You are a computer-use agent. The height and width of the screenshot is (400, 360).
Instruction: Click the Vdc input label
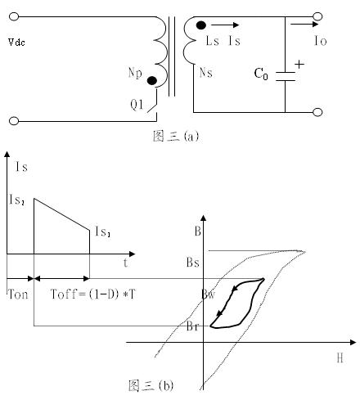[x=16, y=43]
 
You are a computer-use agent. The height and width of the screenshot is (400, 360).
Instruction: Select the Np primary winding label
[x=135, y=73]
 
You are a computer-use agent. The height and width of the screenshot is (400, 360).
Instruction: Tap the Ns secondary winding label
[x=206, y=73]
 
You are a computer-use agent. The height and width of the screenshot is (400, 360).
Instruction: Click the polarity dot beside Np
[x=152, y=80]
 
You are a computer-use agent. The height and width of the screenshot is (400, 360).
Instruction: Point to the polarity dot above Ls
[x=201, y=25]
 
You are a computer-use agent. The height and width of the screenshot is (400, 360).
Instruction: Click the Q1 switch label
[x=137, y=105]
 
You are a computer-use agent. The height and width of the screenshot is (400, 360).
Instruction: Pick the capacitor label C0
[x=261, y=74]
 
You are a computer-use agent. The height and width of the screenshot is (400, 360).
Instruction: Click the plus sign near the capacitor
[x=299, y=65]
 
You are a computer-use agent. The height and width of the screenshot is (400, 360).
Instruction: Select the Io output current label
[x=321, y=41]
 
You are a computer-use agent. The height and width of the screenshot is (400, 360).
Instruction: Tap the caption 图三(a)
[x=176, y=136]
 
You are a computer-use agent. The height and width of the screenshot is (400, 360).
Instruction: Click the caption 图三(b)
[x=151, y=385]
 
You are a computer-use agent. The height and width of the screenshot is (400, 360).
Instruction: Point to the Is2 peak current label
[x=17, y=200]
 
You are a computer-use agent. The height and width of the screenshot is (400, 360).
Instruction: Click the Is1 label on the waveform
[x=103, y=231]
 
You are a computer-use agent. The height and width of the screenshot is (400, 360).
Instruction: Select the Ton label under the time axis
[x=18, y=294]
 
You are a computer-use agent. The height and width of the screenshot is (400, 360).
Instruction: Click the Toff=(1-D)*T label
[x=92, y=294]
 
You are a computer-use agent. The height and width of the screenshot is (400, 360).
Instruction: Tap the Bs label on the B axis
[x=193, y=263]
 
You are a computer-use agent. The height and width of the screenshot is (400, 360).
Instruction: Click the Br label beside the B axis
[x=192, y=326]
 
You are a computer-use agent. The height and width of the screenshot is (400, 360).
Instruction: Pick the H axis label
[x=340, y=357]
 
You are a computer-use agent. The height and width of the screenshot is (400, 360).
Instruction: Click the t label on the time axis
[x=125, y=263]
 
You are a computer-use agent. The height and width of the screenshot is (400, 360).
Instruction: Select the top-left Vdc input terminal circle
[x=14, y=16]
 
